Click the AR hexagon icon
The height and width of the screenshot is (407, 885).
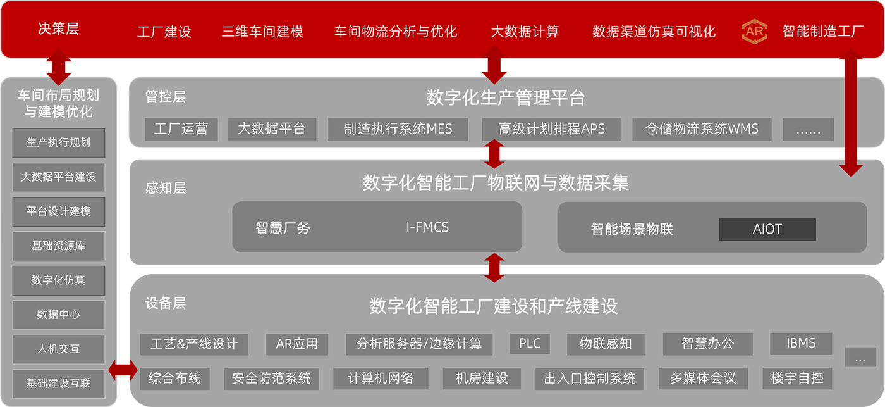point(754,31)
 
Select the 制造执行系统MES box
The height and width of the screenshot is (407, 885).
point(398,129)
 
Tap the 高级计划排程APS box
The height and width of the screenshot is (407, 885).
point(551,129)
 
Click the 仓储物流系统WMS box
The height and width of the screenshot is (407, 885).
point(701,129)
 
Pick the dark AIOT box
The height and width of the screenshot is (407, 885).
point(767,229)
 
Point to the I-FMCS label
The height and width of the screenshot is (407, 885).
point(427,227)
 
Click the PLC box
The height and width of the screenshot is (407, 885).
point(530,344)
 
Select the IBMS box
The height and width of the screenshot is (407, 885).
point(801,344)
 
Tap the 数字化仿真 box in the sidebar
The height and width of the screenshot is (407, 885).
point(59,280)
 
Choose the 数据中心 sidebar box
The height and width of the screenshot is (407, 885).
point(59,315)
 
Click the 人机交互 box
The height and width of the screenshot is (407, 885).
point(59,349)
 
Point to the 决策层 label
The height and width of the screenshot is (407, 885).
point(58,28)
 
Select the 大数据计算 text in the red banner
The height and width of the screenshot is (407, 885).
point(525,31)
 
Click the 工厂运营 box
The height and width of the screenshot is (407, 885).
point(181,129)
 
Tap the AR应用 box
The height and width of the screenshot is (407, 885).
point(297,344)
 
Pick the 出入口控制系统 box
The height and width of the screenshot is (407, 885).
point(589,379)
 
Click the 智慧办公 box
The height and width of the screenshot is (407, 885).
point(707,344)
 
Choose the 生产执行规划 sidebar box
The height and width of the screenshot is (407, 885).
point(59,143)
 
